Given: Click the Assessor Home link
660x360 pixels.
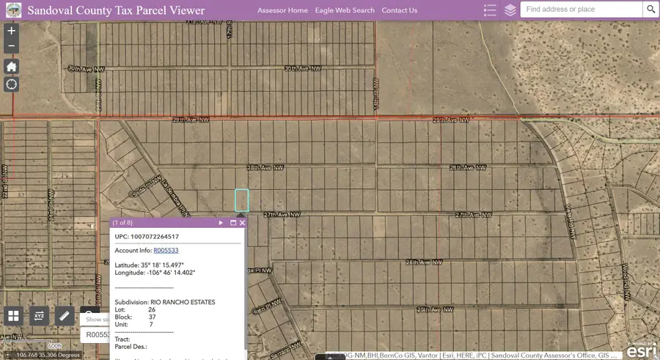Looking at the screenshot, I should point(282,10).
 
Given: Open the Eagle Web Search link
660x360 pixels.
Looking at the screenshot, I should point(345,10).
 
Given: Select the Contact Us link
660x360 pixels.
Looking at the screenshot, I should point(399,10).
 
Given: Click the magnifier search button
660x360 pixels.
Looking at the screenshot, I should point(650,10).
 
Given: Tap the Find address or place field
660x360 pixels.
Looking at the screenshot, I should point(581,10).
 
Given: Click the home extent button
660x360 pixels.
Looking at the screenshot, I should point(11,67).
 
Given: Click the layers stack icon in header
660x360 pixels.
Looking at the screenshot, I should point(510,10).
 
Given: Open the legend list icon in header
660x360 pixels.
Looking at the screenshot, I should point(491,10).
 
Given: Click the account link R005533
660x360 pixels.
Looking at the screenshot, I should point(166,251).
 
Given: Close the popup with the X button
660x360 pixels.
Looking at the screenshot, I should point(243,222).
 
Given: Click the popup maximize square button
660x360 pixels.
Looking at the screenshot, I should point(233,222).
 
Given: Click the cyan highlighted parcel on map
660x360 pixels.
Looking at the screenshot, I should point(241,200).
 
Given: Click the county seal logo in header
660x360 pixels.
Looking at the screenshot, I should point(12,10).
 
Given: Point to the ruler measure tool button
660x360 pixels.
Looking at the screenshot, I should point(65,316).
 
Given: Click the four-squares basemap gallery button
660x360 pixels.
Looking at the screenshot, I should point(13,316).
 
